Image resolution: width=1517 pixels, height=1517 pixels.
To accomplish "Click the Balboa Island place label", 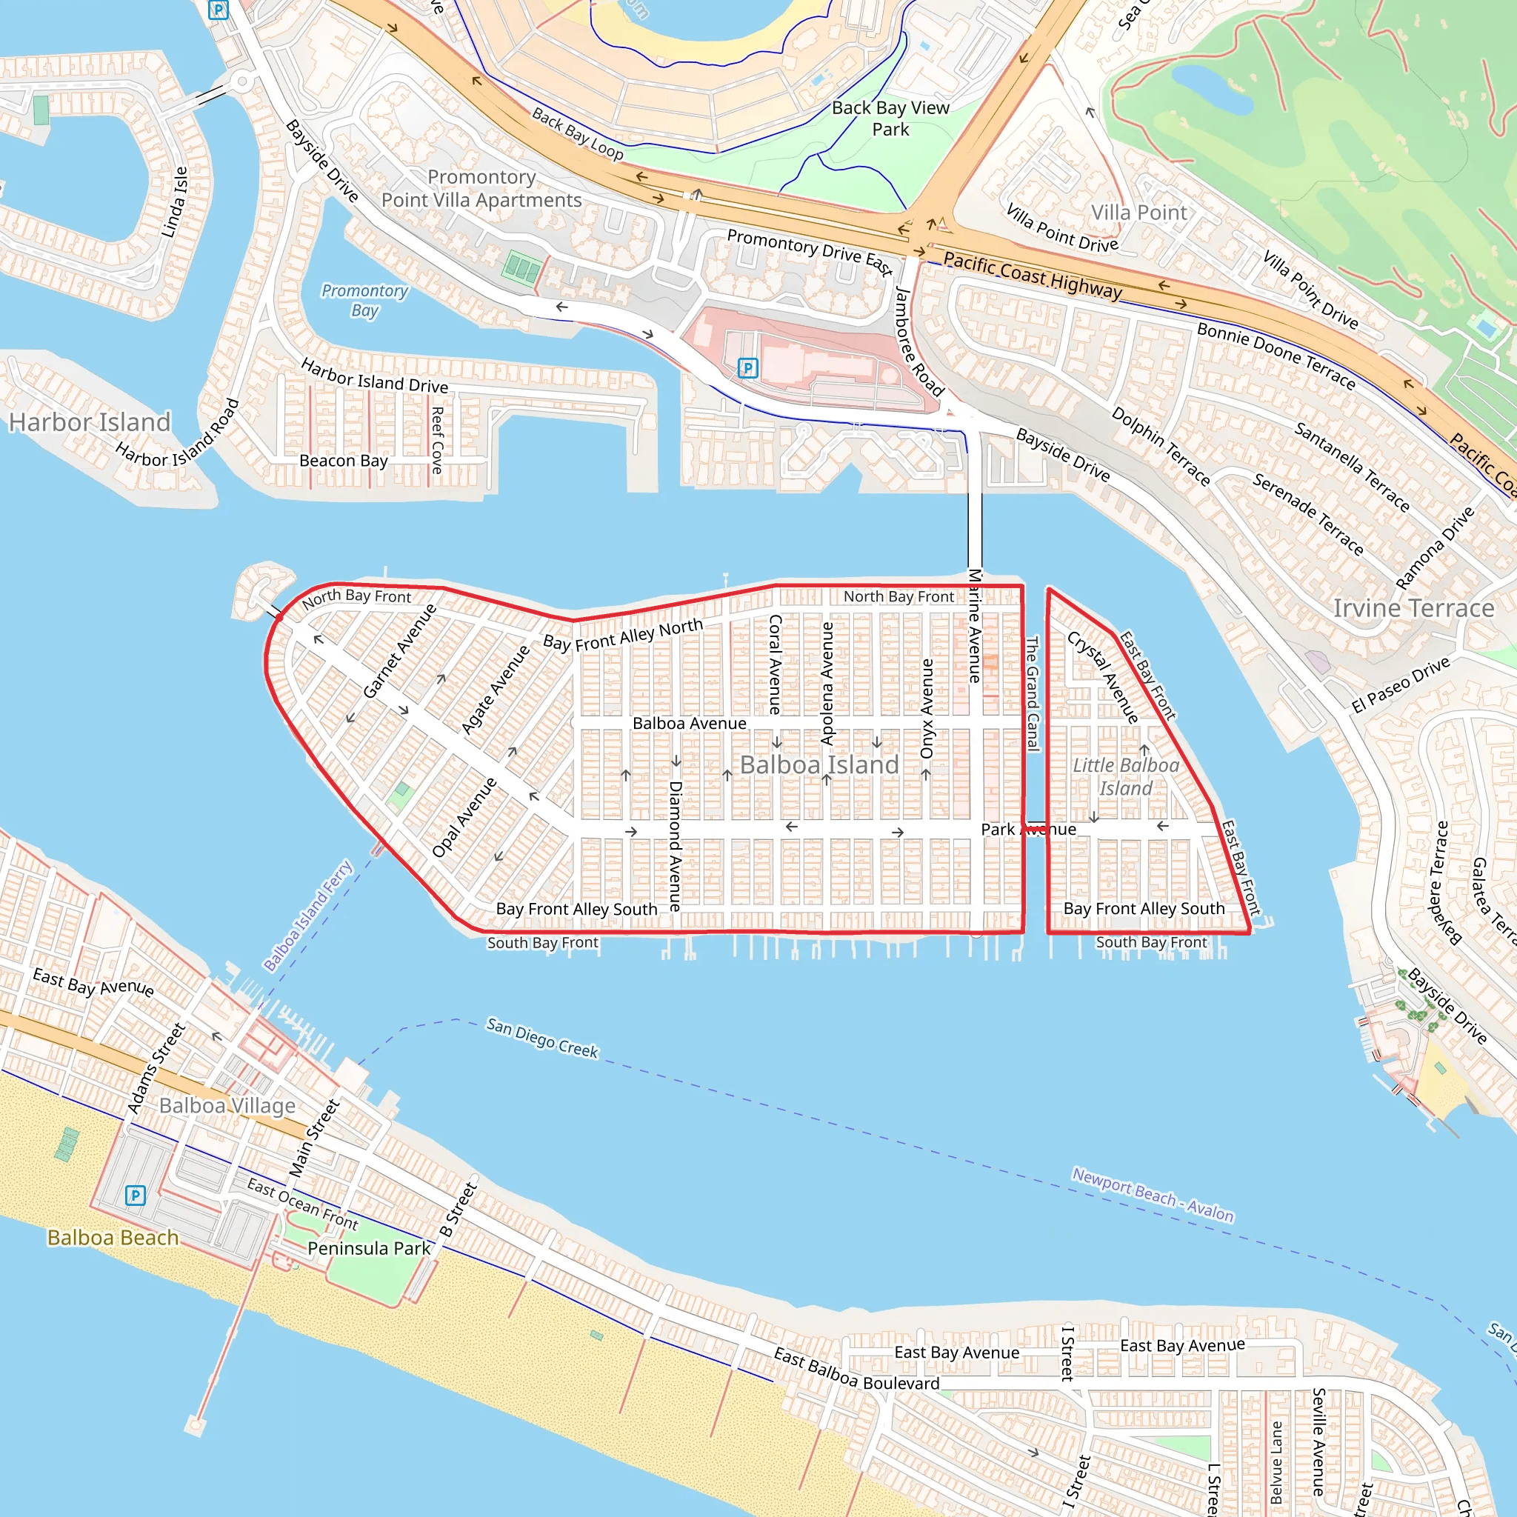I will coord(819,764).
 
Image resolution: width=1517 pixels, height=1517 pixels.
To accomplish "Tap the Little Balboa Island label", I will coord(1126,776).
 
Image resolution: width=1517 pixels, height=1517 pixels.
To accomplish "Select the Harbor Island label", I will coord(90,422).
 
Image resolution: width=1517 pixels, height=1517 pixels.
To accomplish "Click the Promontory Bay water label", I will coord(365,300).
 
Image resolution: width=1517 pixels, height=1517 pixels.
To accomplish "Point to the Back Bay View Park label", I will coord(890,119).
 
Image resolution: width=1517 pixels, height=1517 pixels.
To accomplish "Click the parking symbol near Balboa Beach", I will coord(135,1195).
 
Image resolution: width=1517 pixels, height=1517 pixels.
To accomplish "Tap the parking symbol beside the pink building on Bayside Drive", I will coord(747,367).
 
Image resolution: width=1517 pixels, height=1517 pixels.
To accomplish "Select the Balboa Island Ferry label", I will coord(308,916).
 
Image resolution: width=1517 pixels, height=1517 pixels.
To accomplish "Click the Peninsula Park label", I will coord(369,1248).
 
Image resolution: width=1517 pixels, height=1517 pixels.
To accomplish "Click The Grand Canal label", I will coord(1033,693).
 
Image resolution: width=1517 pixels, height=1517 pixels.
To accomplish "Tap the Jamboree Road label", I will coord(918,341).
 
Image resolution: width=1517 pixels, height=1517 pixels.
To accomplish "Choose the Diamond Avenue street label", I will coord(676,847).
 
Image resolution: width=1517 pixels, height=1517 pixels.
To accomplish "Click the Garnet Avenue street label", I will coord(399,651).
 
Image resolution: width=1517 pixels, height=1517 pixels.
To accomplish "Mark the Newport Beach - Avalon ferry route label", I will coord(1153,1195).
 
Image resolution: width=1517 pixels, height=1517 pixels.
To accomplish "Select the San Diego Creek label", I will coord(541,1038).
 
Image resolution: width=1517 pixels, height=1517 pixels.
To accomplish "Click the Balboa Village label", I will coord(227,1106).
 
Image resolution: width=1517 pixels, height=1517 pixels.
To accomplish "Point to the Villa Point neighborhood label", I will coord(1139,213).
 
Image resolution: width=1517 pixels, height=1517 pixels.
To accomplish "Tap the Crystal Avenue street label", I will coord(1102,677).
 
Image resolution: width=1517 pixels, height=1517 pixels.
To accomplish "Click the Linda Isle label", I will coord(175,201).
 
